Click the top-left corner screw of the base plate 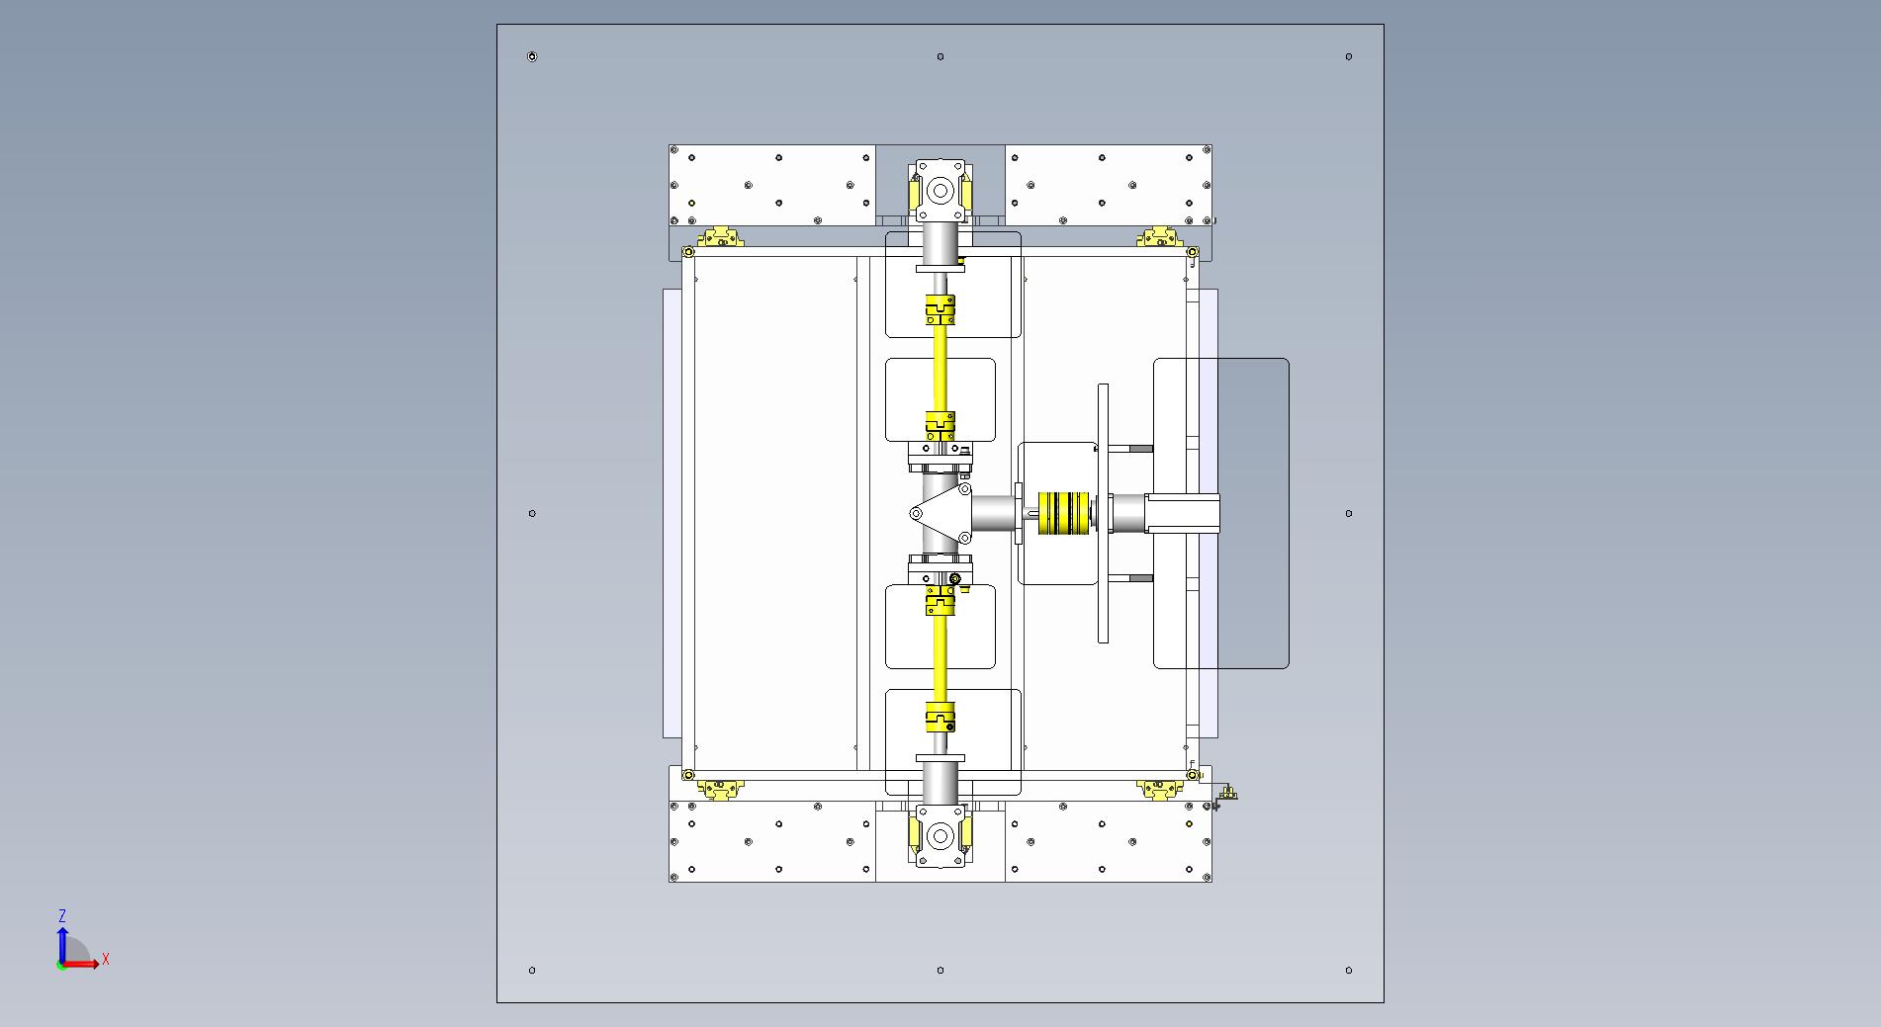(x=532, y=56)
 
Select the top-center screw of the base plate (x=940, y=56)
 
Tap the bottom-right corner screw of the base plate (x=1349, y=970)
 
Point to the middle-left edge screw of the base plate (x=532, y=513)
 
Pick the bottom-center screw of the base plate (x=940, y=970)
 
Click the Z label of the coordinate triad (x=62, y=916)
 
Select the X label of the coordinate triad (x=106, y=959)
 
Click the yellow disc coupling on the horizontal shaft (x=1062, y=513)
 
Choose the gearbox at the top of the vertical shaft (x=940, y=190)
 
